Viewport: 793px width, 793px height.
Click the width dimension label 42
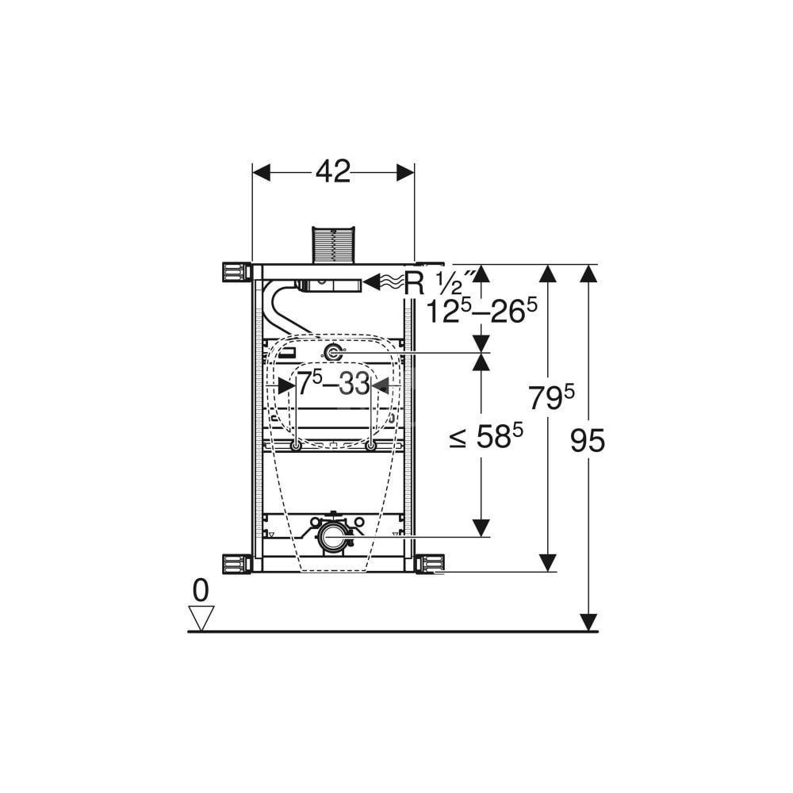333,172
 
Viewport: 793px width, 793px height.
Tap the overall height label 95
587,440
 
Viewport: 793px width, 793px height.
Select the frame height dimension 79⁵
551,396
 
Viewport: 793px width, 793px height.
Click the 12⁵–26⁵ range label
481,310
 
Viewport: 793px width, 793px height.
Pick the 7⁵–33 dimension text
333,383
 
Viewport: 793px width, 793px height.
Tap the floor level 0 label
201,590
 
